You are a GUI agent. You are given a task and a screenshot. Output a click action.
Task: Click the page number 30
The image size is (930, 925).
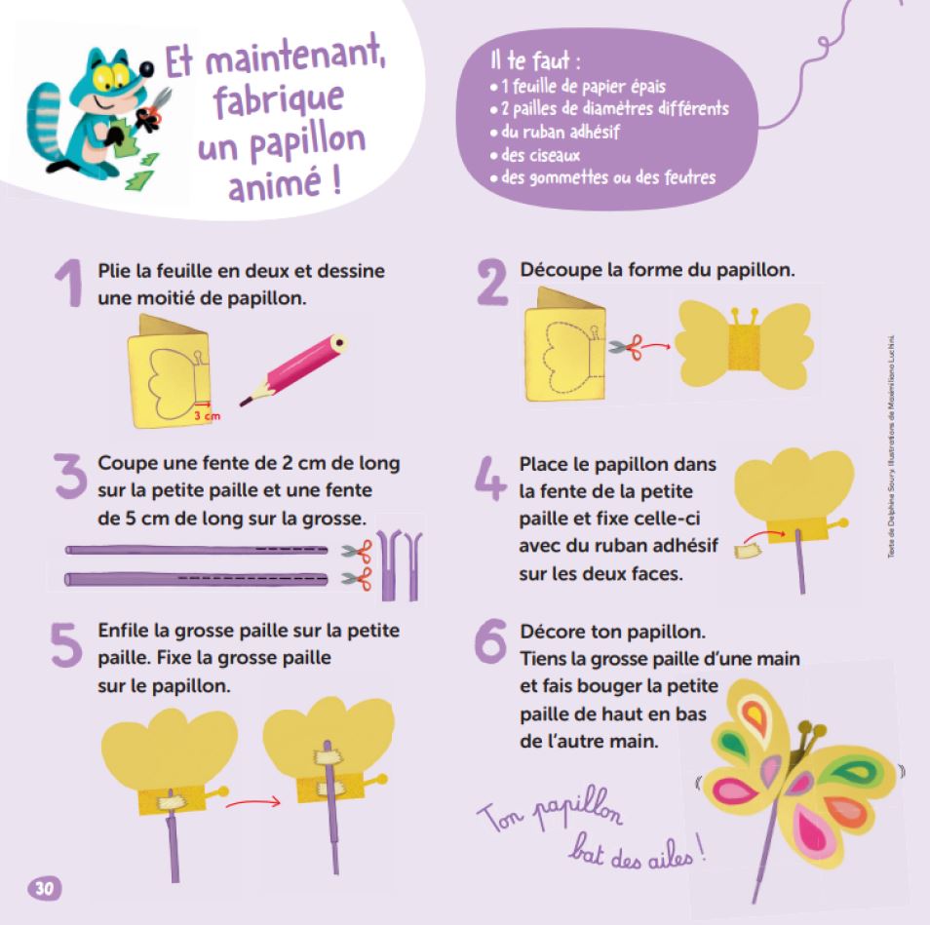click(x=45, y=888)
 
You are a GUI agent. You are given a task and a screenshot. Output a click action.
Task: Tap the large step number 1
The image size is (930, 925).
click(x=70, y=284)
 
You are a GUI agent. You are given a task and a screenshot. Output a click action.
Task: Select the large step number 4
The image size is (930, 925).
click(x=490, y=478)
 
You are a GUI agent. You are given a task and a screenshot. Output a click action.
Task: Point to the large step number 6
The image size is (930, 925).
click(x=491, y=642)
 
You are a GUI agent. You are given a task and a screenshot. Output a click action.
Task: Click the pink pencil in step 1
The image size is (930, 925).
click(x=293, y=369)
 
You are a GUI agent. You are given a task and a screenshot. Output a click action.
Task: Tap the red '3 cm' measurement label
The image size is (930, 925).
click(x=207, y=416)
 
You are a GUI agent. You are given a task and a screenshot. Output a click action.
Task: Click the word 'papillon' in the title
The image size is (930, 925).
click(x=308, y=144)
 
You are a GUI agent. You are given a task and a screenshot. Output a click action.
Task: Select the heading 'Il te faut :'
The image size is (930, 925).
click(x=535, y=59)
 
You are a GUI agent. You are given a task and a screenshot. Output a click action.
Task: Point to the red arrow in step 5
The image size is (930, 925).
click(x=252, y=803)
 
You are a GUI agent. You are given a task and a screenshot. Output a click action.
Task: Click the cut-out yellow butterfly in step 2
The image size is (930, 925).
click(x=744, y=344)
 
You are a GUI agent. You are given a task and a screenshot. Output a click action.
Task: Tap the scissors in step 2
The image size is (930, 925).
click(x=627, y=347)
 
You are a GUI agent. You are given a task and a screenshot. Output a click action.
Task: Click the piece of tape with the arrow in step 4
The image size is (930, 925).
click(x=747, y=552)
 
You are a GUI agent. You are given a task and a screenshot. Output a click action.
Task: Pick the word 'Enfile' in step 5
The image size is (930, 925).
click(x=123, y=630)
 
